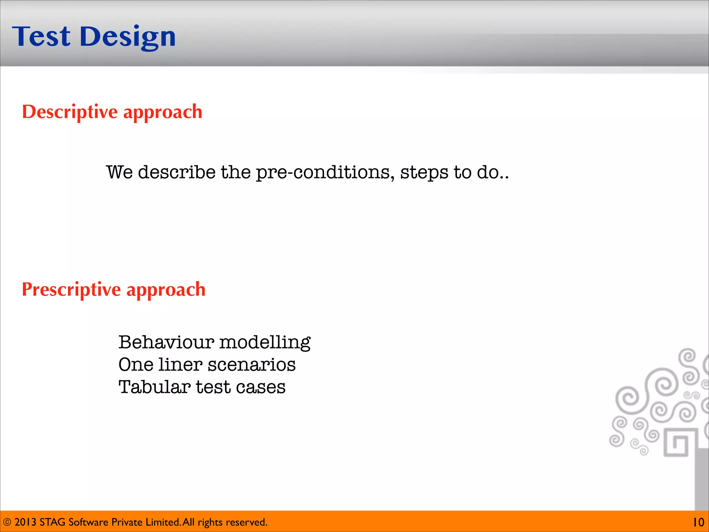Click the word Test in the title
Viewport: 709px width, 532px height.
[x=42, y=36]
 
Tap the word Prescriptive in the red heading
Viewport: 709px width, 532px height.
[x=71, y=290]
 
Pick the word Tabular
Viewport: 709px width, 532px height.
[x=154, y=387]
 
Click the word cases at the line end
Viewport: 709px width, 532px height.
[x=261, y=387]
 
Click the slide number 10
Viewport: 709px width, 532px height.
[x=698, y=522]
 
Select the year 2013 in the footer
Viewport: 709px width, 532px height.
[x=25, y=522]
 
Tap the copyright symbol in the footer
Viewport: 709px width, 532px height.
[x=7, y=522]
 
